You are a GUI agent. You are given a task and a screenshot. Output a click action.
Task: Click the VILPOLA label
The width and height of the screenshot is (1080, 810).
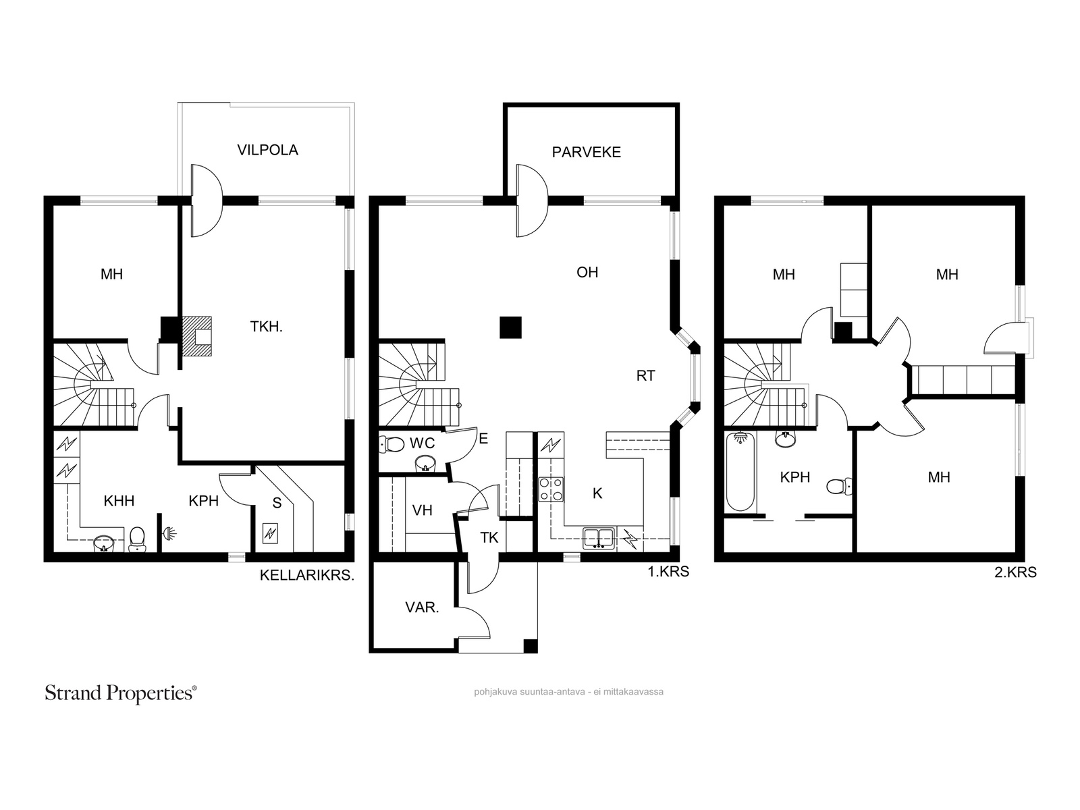point(268,150)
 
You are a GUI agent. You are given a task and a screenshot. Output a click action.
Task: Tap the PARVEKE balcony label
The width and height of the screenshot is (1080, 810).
point(586,153)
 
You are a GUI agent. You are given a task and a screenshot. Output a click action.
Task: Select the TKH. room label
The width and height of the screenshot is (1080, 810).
point(266,327)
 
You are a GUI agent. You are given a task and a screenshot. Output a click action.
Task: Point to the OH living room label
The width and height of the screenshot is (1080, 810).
point(587,273)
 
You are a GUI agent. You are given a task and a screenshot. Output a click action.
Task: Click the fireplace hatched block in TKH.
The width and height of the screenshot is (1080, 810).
point(197,336)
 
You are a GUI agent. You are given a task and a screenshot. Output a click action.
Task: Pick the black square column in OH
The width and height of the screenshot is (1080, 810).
point(510,327)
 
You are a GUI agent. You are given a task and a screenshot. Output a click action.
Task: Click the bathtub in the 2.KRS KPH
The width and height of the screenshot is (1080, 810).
point(740,472)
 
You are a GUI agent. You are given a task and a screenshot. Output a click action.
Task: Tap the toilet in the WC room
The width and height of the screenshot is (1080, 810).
point(391,445)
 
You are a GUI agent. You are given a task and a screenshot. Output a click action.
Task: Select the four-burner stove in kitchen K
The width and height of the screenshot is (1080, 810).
point(551,489)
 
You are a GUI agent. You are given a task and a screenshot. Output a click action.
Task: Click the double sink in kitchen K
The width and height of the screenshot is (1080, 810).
point(599,538)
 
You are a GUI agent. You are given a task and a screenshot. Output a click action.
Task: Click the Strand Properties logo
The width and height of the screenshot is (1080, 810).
point(121,693)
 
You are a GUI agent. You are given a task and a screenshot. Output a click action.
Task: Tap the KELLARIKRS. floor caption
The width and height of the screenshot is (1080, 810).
point(307,575)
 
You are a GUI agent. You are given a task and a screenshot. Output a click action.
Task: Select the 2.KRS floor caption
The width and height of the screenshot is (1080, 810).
point(1016,572)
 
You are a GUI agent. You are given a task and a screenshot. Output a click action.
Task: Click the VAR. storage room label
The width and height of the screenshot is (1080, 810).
point(422,608)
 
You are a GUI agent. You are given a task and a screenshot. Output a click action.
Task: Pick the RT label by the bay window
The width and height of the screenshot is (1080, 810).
point(645,376)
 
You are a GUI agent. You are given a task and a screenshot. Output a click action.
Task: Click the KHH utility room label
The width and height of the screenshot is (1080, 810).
point(119,501)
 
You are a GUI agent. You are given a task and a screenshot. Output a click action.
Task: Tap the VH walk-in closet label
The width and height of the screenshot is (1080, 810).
point(422,510)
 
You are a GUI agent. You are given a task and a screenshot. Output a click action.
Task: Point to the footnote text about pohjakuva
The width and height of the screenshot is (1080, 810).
point(569,692)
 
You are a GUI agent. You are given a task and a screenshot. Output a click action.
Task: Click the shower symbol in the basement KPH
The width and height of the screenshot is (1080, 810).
point(170,534)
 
